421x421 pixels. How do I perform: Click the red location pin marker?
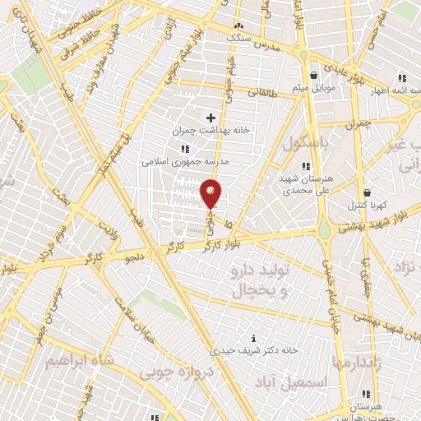coord(211,194)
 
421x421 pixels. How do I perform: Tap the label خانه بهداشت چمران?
coord(210,131)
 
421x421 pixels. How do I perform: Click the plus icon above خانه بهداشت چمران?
coord(210,118)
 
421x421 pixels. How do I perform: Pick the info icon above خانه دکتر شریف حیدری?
coord(253,338)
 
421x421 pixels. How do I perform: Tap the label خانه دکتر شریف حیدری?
coord(253,350)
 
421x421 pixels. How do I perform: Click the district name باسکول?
coord(306,143)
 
